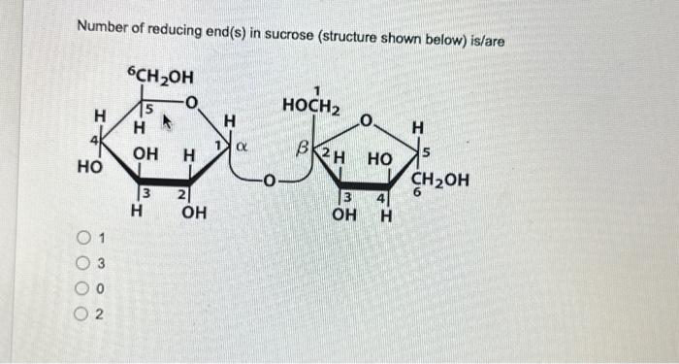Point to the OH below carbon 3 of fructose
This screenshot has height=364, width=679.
click(343, 214)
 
